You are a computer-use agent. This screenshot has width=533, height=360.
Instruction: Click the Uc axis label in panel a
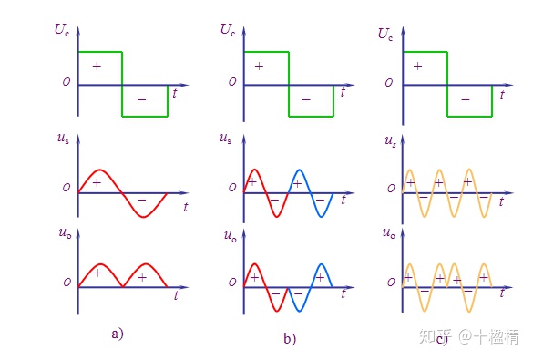click(62, 29)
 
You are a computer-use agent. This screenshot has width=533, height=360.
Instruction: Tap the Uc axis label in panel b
click(228, 29)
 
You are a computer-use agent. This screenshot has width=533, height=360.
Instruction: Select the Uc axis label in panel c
click(385, 34)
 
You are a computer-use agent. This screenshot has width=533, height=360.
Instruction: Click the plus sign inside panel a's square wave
click(97, 66)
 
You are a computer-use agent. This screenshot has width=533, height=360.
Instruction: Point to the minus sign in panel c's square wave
click(466, 99)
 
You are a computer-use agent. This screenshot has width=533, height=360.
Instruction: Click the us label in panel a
click(63, 139)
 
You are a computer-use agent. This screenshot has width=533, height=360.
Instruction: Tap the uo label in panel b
click(231, 236)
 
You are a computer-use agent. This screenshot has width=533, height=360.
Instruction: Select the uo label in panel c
click(389, 233)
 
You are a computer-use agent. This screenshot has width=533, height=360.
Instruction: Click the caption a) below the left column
click(118, 334)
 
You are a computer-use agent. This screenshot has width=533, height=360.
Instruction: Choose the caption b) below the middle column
click(290, 339)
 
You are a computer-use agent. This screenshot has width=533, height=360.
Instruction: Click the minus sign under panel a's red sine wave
click(142, 200)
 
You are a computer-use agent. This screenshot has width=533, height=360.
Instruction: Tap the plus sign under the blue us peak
click(297, 184)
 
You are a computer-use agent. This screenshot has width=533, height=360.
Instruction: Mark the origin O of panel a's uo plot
click(67, 283)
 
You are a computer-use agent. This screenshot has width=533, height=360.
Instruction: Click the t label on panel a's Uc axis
click(175, 93)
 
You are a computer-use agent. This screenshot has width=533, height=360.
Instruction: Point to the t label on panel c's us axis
click(502, 201)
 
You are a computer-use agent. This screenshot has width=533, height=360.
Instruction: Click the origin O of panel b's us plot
click(232, 188)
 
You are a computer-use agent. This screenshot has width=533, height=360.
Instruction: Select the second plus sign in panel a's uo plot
click(142, 278)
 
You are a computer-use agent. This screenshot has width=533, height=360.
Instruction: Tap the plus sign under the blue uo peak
click(320, 278)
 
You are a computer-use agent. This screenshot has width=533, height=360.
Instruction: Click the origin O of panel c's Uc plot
click(389, 83)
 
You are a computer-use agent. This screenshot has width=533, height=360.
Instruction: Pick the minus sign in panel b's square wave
click(306, 99)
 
